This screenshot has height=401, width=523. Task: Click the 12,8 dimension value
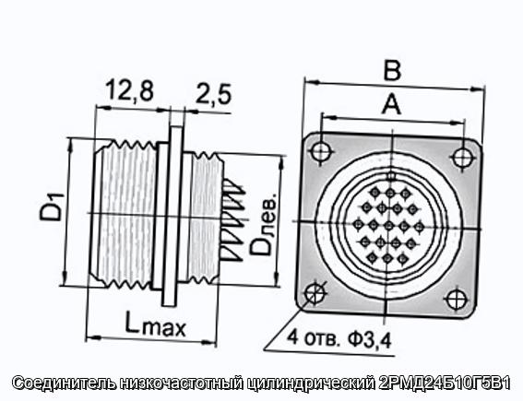pos(130,91)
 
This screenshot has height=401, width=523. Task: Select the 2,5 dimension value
pos(213,94)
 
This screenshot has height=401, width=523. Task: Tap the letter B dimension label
pos(392,71)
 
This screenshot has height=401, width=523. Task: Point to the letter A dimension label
pos(391,104)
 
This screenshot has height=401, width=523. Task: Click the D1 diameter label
pos(51,206)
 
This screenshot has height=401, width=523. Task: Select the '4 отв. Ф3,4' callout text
pos(339,339)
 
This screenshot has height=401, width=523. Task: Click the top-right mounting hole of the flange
pos(462,158)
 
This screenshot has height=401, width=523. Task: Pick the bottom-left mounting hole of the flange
pos(315,292)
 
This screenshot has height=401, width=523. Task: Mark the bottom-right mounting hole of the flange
pos(455,299)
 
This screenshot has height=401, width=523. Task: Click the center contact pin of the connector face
pos(388,226)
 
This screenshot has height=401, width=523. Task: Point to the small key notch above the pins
pos(392,175)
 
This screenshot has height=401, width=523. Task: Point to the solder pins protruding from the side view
pos(235,220)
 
